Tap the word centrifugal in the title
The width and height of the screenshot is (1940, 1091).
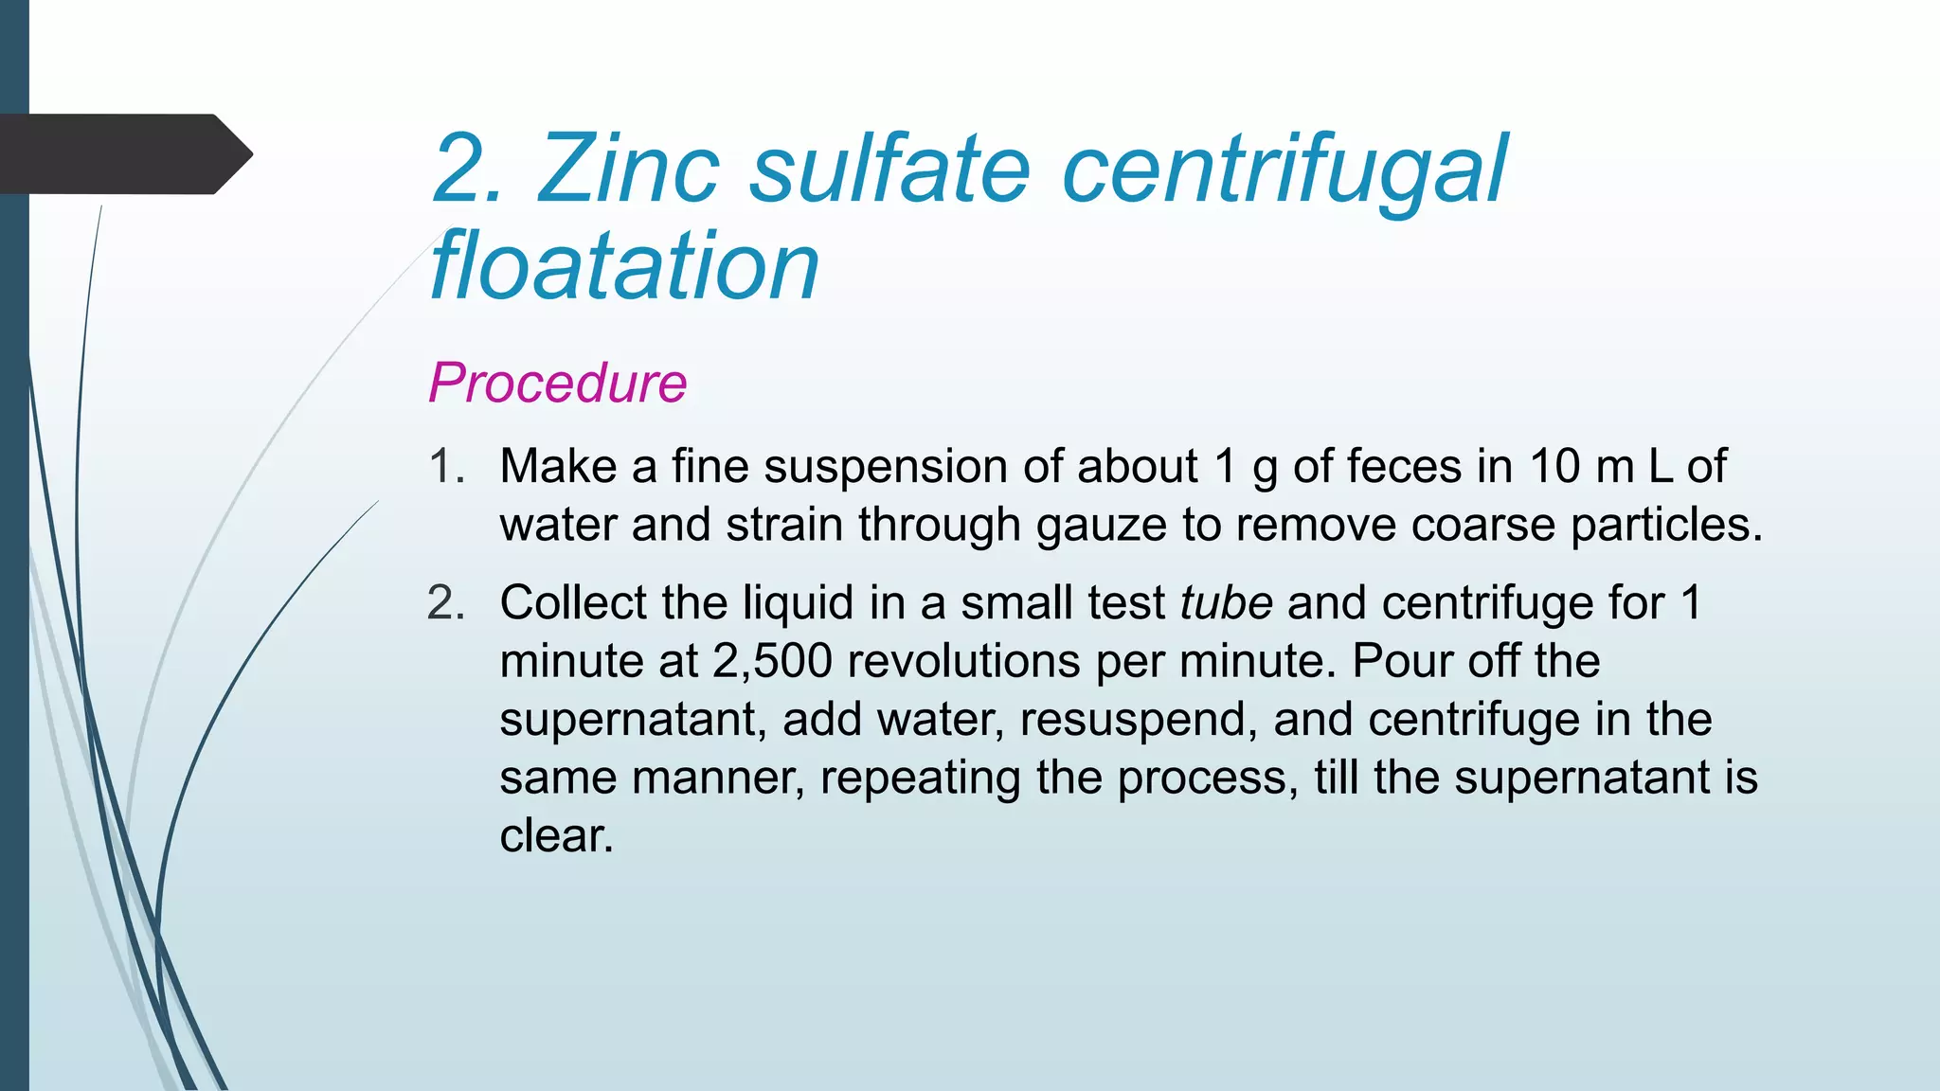[x=1284, y=170]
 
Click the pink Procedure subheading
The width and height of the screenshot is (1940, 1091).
[x=557, y=383]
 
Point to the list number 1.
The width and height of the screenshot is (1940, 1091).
[x=446, y=466]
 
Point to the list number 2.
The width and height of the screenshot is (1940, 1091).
[x=446, y=602]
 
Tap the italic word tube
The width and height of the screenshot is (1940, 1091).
[x=1226, y=602]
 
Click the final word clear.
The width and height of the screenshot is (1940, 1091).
[x=556, y=836]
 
